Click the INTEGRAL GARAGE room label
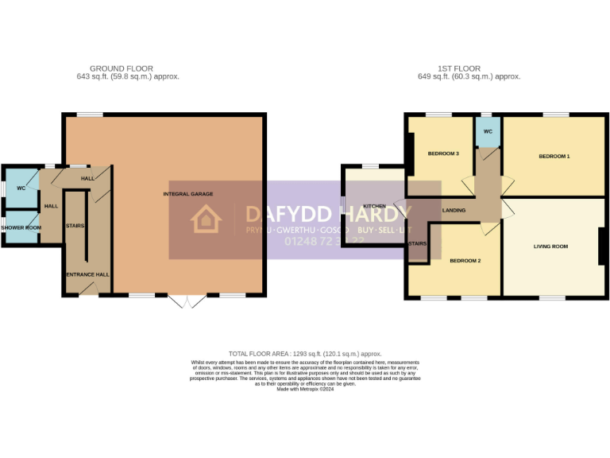pyautogui.click(x=188, y=194)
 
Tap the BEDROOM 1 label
pyautogui.click(x=554, y=157)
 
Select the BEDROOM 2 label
pyautogui.click(x=465, y=261)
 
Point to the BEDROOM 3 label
pyautogui.click(x=443, y=153)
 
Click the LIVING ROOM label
pyautogui.click(x=550, y=246)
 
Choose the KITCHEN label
pyautogui.click(x=374, y=206)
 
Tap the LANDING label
pyautogui.click(x=454, y=210)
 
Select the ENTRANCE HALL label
pyautogui.click(x=87, y=274)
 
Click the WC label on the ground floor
pyautogui.click(x=20, y=188)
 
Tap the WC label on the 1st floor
pyautogui.click(x=488, y=131)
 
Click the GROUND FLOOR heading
pyautogui.click(x=122, y=69)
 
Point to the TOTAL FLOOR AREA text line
pyautogui.click(x=305, y=353)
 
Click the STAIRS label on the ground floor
pyautogui.click(x=75, y=226)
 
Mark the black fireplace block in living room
pyautogui.click(x=603, y=246)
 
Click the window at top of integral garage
pyautogui.click(x=89, y=114)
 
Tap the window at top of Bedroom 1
pyautogui.click(x=555, y=114)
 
